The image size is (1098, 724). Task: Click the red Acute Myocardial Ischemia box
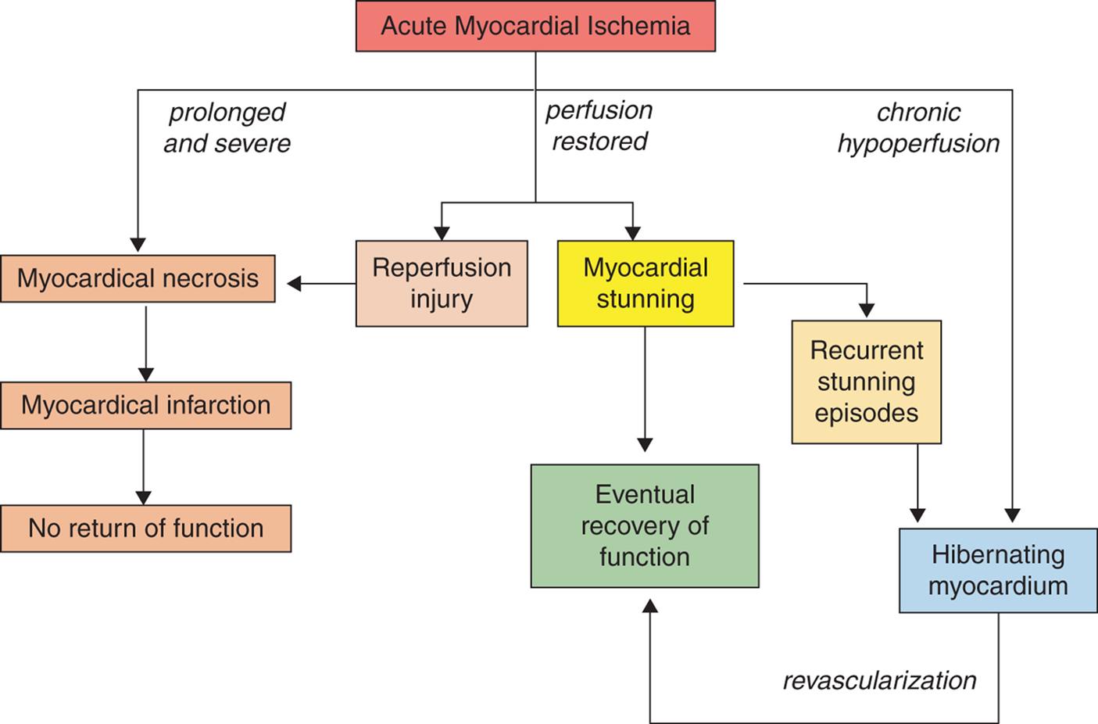tap(535, 27)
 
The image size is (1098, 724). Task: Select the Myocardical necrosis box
tap(138, 278)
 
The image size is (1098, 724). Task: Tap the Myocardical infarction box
tap(145, 405)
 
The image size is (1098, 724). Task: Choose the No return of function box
tap(145, 529)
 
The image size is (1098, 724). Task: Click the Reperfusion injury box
tap(442, 283)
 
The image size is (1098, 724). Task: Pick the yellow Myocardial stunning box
tap(645, 283)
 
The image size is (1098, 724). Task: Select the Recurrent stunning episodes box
tap(866, 382)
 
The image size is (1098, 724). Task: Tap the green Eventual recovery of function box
tap(645, 525)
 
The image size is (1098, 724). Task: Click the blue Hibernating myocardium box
tap(998, 570)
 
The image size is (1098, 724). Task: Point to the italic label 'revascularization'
tap(879, 680)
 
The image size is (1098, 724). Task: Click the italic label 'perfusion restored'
tap(599, 126)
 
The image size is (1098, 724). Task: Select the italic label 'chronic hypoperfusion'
tap(918, 128)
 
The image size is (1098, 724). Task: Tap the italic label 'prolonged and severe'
tap(227, 128)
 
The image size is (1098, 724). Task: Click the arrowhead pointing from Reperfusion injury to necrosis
tap(295, 283)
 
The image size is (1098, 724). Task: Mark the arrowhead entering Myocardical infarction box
tap(145, 375)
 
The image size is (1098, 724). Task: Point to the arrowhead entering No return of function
tap(144, 497)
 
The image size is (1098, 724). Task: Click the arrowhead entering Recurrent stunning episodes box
tap(866, 311)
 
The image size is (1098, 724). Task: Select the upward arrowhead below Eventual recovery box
tap(649, 605)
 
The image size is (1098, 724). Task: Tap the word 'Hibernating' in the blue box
tap(998, 554)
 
